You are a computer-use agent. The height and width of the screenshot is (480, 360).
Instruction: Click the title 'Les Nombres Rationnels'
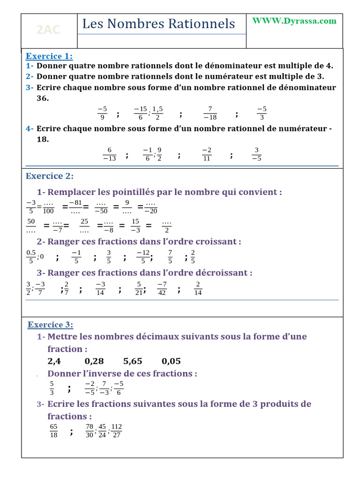[x=158, y=24]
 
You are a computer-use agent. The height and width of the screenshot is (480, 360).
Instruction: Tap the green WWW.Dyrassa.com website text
[x=294, y=21]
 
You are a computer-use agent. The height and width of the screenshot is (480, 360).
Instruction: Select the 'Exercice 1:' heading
[x=49, y=56]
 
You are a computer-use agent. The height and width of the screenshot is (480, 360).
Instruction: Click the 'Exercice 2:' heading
[x=50, y=176]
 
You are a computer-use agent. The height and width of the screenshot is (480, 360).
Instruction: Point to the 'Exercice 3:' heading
[x=50, y=324]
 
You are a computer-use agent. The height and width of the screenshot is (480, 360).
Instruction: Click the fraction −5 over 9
[x=102, y=113]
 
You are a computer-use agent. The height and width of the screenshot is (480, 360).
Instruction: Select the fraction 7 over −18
[x=210, y=113]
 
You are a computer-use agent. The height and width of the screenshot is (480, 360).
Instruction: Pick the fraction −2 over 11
[x=207, y=154]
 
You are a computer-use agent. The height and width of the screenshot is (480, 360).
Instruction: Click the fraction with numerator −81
[x=75, y=207]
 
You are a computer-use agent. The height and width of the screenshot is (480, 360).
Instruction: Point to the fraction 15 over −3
[x=135, y=225]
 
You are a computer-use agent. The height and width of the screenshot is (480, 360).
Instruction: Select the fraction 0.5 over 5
[x=30, y=257]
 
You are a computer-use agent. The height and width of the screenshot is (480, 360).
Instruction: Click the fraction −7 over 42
[x=162, y=288]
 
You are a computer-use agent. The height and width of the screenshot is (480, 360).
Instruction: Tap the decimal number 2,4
[x=54, y=361]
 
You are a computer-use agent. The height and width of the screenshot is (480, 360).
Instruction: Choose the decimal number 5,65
[x=133, y=361]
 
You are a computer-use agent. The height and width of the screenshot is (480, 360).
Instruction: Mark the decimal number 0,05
[x=171, y=361]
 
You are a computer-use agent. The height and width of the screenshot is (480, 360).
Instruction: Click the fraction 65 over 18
[x=53, y=430]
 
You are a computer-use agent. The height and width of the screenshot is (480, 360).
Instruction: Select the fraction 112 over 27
[x=117, y=430]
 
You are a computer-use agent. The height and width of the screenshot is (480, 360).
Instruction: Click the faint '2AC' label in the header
[x=48, y=30]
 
